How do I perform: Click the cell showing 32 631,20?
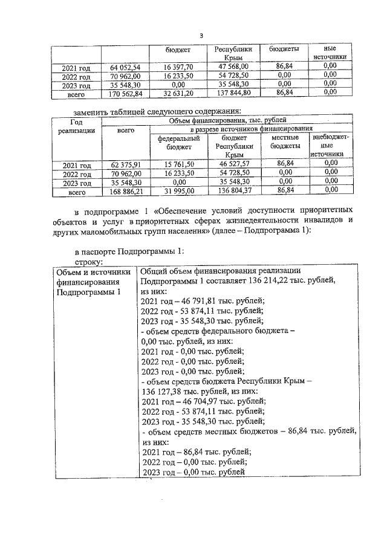178,93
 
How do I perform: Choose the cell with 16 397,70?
178,67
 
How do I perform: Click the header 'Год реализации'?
77,126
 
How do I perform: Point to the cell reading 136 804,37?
229,192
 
